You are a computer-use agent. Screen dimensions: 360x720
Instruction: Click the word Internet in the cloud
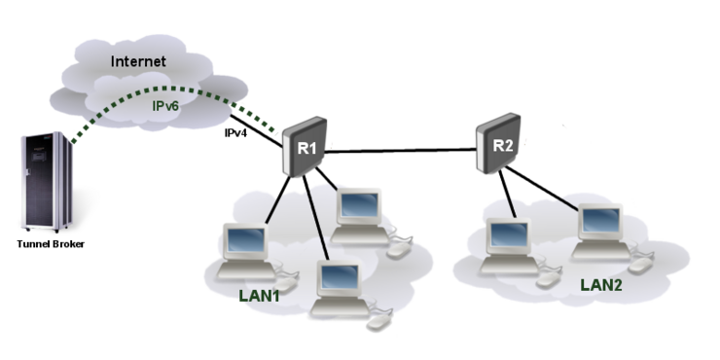tap(138, 61)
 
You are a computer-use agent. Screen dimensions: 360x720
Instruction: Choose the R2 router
tap(499, 144)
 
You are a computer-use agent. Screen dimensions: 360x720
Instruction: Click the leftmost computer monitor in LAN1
tap(242, 240)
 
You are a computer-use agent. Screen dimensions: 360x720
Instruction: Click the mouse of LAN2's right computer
tap(638, 266)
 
